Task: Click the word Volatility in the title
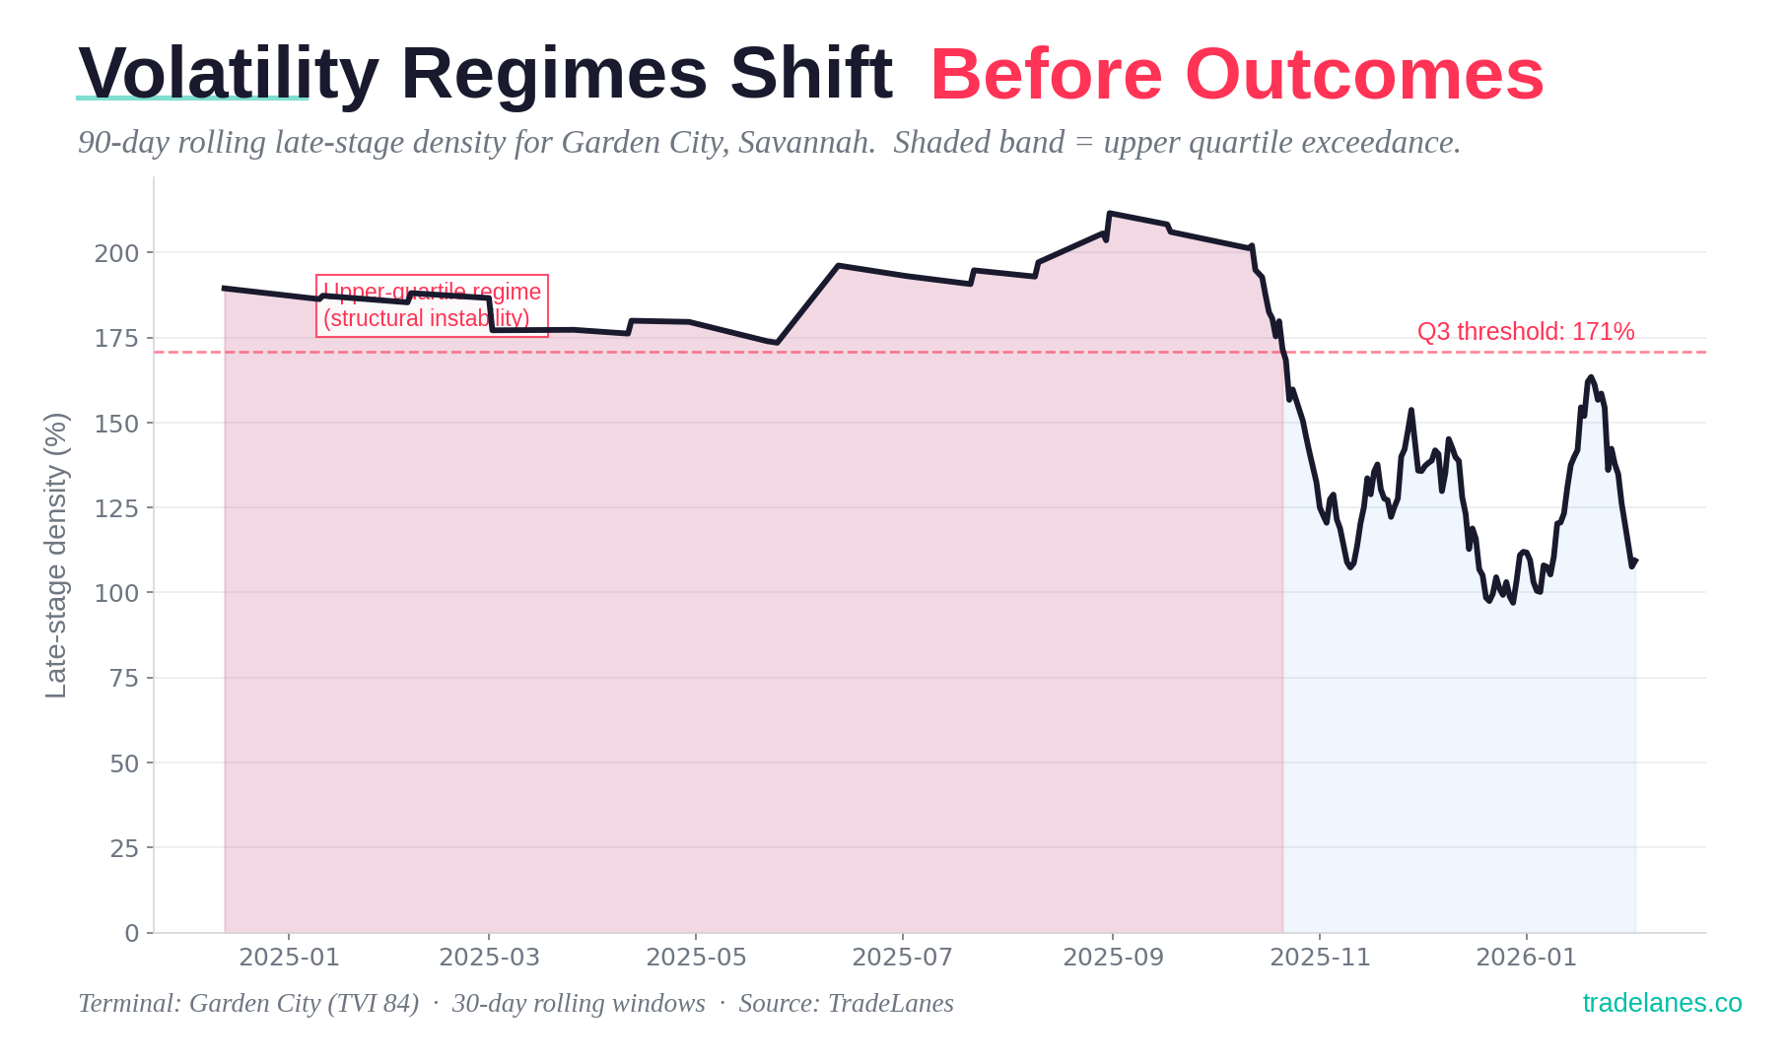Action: click(228, 74)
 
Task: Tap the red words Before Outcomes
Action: click(1236, 75)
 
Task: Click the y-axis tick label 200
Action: click(117, 253)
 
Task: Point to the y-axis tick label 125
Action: click(117, 508)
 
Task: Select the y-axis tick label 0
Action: click(132, 933)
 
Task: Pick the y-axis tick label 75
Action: click(123, 679)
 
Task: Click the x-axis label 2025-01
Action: click(289, 958)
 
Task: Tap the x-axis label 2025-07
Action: click(902, 958)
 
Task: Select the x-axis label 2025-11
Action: click(1320, 958)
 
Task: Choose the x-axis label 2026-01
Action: click(1526, 958)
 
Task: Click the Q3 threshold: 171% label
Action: click(1525, 332)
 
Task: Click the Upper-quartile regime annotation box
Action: click(432, 305)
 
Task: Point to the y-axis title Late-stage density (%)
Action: click(57, 555)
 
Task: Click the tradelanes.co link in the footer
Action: click(1662, 1003)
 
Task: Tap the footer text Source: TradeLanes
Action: click(846, 1003)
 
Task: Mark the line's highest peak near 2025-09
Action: click(1110, 213)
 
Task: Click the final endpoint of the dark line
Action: click(1635, 562)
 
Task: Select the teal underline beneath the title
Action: click(192, 99)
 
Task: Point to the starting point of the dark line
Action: click(225, 288)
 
